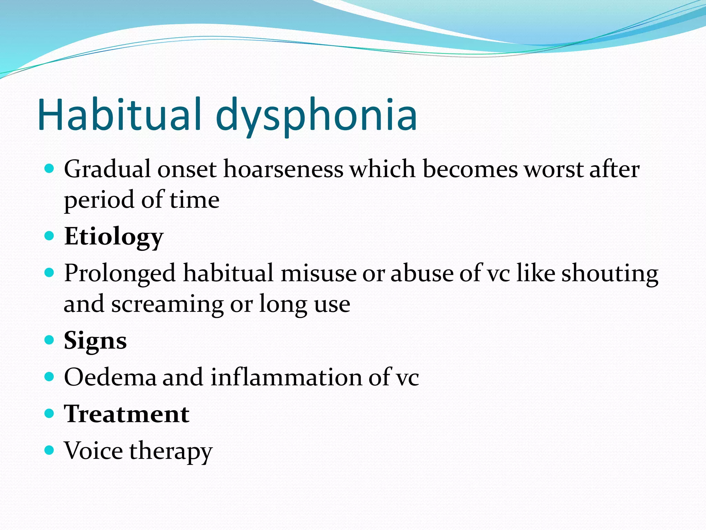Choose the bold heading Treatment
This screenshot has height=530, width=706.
pyautogui.click(x=127, y=414)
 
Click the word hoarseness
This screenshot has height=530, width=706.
pyautogui.click(x=283, y=169)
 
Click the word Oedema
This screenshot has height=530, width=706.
pyautogui.click(x=110, y=377)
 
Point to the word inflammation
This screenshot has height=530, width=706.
pyautogui.click(x=286, y=377)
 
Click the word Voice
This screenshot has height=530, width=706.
pyautogui.click(x=93, y=451)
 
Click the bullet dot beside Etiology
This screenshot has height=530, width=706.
pyautogui.click(x=50, y=236)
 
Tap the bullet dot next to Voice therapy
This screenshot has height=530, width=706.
pyautogui.click(x=50, y=450)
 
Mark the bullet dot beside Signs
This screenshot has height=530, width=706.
pyautogui.click(x=50, y=340)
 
